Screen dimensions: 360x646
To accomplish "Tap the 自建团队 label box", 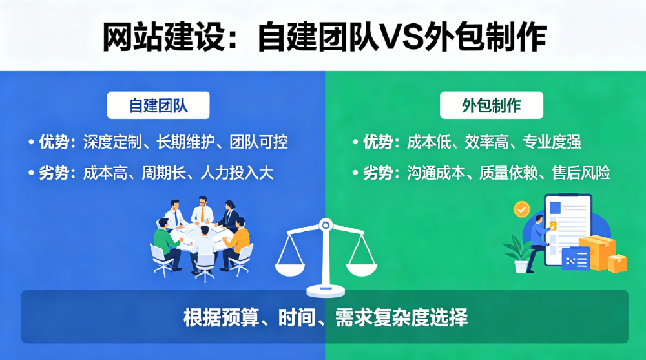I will [x=158, y=105].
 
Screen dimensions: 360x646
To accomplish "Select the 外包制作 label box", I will [x=492, y=105].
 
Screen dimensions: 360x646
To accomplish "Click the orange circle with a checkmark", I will [x=521, y=209].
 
